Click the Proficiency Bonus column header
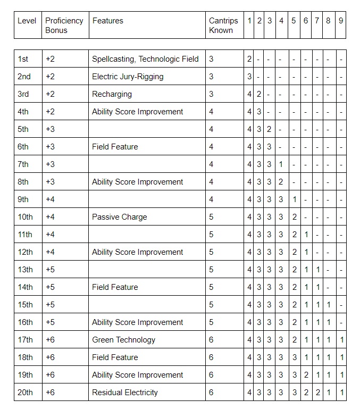click(64, 26)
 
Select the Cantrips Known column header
click(221, 26)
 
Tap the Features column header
click(107, 21)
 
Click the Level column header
click(27, 21)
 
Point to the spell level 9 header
click(341, 21)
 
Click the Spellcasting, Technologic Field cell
click(145, 59)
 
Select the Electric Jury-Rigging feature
click(128, 77)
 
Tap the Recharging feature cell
click(112, 94)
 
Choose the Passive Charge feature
click(119, 217)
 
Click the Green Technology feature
click(123, 340)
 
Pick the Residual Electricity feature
click(125, 393)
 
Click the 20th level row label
click(25, 393)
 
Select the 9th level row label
click(23, 199)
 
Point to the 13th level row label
click(25, 270)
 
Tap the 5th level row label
click(23, 129)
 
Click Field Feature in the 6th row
click(115, 147)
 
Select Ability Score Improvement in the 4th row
click(137, 112)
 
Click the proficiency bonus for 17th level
click(50, 340)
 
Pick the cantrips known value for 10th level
click(211, 217)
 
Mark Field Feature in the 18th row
click(115, 357)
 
